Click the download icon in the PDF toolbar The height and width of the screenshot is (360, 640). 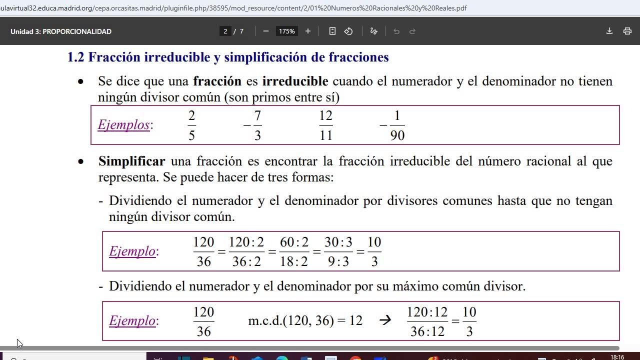click(609, 31)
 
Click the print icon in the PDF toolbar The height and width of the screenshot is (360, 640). click(627, 31)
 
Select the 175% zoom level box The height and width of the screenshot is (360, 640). click(287, 31)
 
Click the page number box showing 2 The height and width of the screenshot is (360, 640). click(225, 31)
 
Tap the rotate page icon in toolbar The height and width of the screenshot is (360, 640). click(348, 31)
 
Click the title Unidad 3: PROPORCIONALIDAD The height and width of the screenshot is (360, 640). click(61, 31)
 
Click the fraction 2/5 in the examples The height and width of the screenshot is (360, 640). click(191, 125)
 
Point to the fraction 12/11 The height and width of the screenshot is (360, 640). click(325, 125)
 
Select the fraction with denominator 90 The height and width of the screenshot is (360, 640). click(397, 125)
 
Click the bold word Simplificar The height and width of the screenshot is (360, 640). click(131, 161)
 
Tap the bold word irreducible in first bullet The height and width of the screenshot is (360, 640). click(295, 81)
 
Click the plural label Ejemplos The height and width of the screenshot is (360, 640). click(123, 124)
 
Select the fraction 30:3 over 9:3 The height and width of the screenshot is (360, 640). click(338, 251)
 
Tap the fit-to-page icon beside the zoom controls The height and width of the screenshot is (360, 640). click(332, 31)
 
